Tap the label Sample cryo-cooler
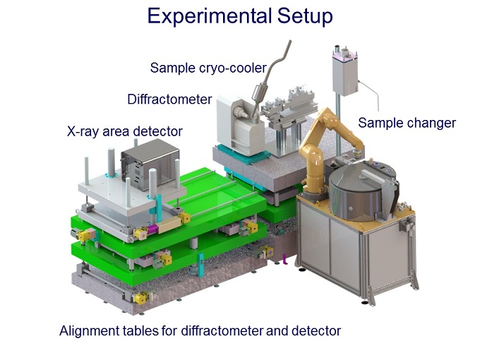208,68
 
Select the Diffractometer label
169,99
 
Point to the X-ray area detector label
124,131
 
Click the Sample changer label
407,123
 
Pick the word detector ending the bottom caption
316,330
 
